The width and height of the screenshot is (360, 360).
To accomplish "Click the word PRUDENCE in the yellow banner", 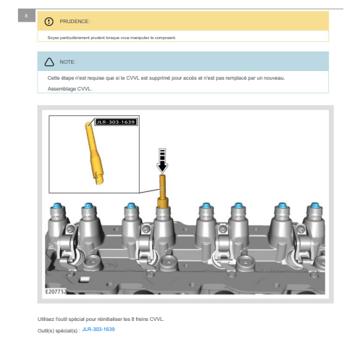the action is (75, 22).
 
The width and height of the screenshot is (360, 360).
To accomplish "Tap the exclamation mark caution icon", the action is (49, 22).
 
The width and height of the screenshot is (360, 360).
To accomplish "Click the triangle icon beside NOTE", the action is (49, 62).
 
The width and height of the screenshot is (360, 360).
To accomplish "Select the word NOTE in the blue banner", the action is (67, 62).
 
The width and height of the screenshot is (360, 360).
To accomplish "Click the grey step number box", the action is (27, 16).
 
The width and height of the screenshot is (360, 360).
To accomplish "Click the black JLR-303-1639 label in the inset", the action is (116, 122).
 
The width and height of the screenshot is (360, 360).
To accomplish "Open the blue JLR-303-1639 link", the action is (99, 330).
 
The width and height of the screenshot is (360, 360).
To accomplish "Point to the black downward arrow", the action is (162, 161).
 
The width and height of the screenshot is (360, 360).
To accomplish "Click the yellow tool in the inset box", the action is (94, 154).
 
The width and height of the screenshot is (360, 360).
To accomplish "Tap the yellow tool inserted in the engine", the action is (162, 191).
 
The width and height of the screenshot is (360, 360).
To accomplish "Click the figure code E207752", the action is (56, 292).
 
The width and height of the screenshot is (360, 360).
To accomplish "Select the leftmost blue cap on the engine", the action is (57, 206).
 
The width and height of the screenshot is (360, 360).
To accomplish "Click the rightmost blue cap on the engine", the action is (314, 206).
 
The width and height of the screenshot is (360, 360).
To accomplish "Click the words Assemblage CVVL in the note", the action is (70, 89).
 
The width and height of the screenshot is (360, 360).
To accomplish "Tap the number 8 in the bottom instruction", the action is (133, 319).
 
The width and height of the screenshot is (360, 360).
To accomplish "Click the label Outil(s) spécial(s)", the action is (59, 331).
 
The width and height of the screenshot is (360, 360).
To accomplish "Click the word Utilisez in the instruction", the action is (46, 319).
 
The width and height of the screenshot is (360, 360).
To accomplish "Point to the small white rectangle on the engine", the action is (85, 280).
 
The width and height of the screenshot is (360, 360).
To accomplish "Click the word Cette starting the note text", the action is (54, 78).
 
